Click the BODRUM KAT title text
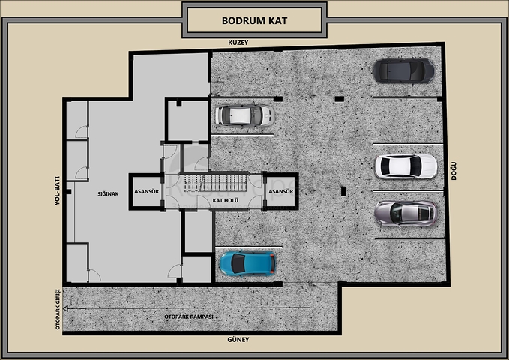(x=255, y=20)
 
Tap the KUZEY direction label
(x=238, y=43)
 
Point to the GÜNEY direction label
(x=238, y=340)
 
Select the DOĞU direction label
(x=454, y=171)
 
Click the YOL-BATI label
(x=57, y=191)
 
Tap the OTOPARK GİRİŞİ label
(x=58, y=309)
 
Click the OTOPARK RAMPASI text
(x=189, y=316)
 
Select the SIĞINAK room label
(x=108, y=194)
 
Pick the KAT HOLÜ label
(x=226, y=200)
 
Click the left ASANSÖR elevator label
(x=147, y=192)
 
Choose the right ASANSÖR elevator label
(x=281, y=192)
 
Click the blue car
(x=247, y=263)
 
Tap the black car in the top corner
(x=403, y=70)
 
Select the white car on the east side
(x=406, y=166)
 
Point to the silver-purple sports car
(x=406, y=214)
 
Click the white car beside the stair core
(x=245, y=115)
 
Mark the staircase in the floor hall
(x=216, y=184)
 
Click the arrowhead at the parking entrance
(x=65, y=308)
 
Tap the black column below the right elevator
(x=343, y=191)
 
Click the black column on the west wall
(x=67, y=192)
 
